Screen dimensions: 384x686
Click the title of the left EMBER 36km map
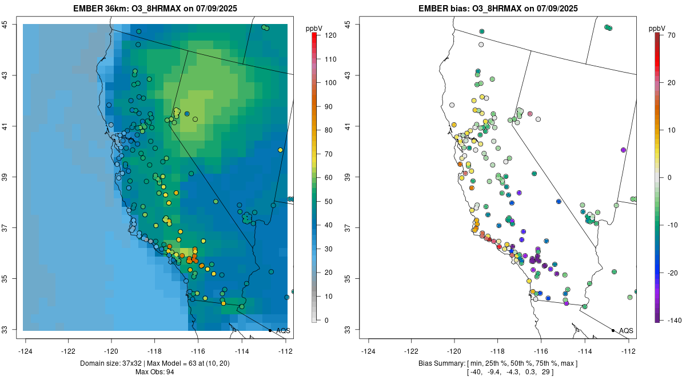point(156,9)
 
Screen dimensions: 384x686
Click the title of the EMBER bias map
point(499,9)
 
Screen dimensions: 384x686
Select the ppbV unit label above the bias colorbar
point(657,28)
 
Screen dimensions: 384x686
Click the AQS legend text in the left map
point(284,331)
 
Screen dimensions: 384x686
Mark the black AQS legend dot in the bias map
point(613,330)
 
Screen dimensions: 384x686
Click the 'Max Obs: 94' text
point(156,372)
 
